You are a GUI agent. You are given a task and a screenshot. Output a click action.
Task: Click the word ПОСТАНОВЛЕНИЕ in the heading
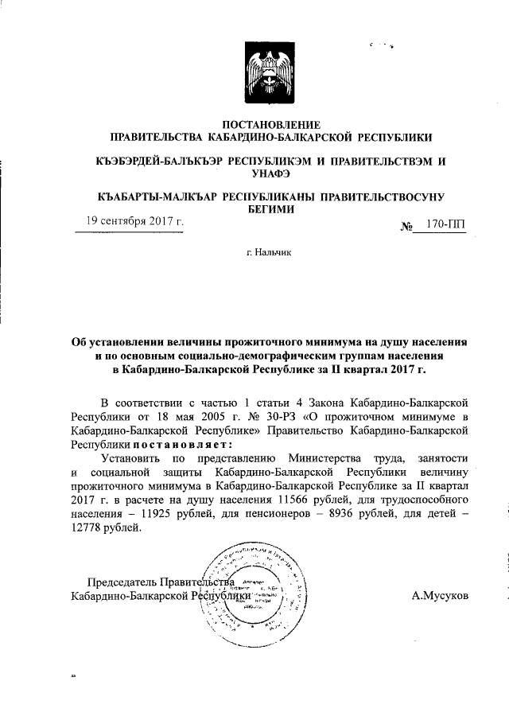271,124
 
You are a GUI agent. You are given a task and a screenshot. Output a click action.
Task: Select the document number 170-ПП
445,225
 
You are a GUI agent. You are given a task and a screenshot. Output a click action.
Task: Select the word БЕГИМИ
271,209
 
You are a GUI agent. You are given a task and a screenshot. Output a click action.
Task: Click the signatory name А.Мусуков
441,594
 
